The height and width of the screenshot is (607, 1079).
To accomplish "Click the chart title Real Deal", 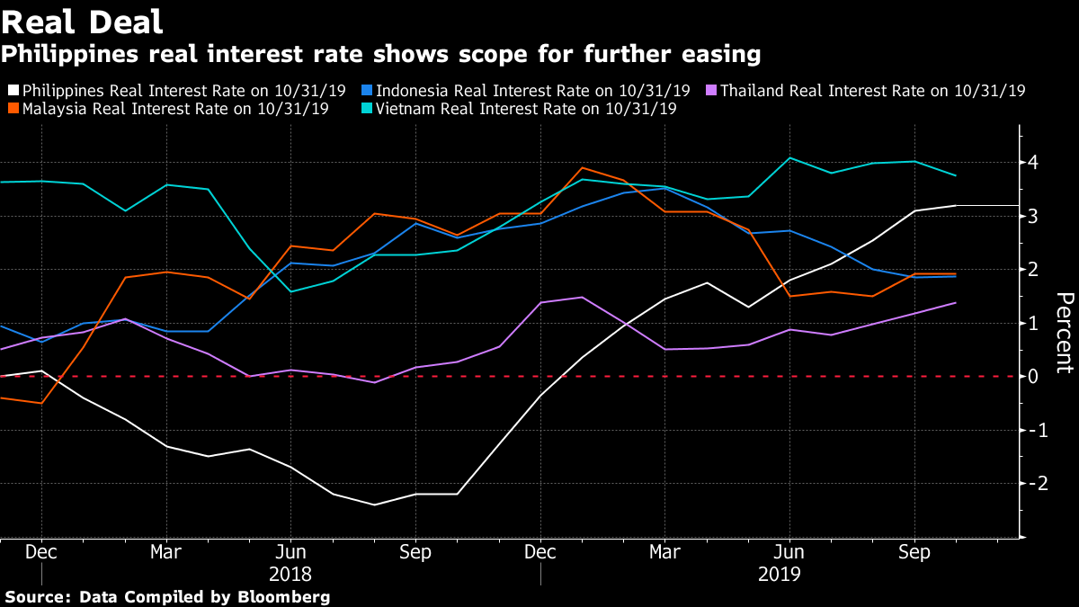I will click(x=83, y=22).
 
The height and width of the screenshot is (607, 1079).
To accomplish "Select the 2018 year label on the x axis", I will click(x=290, y=572).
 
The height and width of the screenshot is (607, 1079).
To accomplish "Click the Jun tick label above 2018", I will click(x=290, y=550).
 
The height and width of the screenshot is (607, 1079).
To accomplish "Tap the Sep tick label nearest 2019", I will click(x=914, y=550).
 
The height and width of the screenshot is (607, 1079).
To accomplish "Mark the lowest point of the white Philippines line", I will click(x=373, y=504).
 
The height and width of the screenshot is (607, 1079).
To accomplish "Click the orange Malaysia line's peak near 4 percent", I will click(x=582, y=167).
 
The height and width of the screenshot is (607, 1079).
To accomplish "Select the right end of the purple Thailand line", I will click(x=955, y=303).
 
